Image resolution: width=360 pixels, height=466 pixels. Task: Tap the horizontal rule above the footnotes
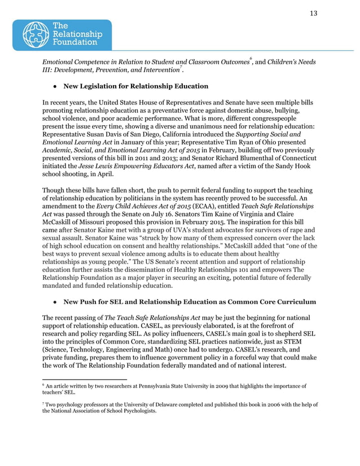point(85,379)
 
